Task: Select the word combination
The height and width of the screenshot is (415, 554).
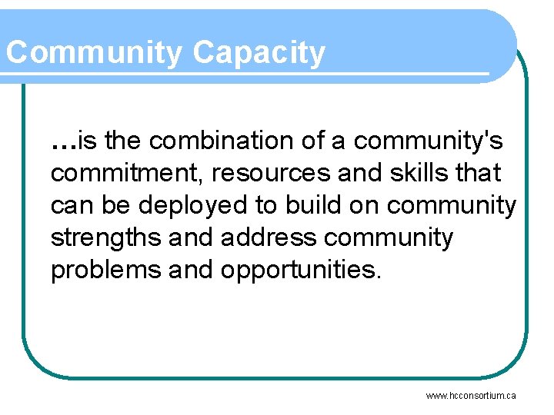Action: [226, 141]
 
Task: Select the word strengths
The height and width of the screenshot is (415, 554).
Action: [106, 238]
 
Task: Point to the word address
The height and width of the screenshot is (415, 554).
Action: [269, 238]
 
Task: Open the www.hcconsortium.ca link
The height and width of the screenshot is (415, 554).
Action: [471, 396]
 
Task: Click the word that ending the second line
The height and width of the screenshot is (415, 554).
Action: [477, 173]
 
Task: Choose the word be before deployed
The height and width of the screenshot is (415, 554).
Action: [107, 206]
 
